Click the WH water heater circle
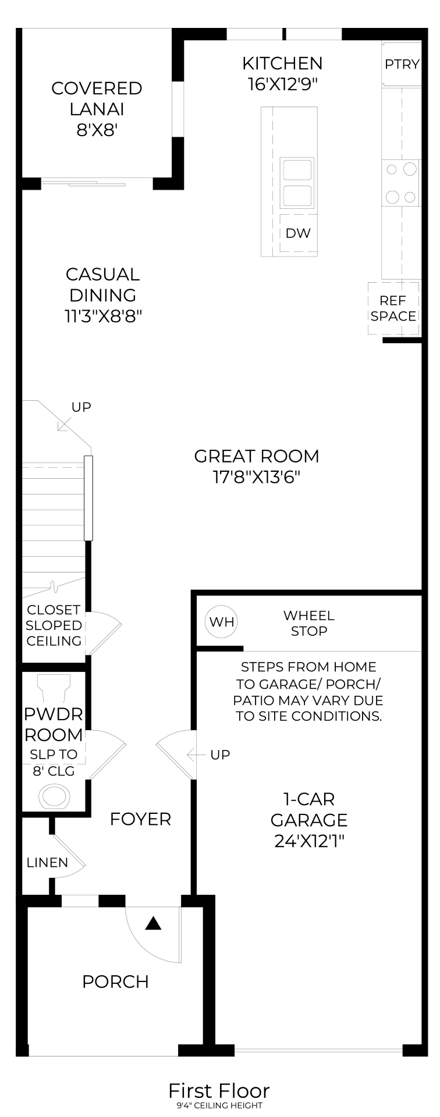pos(222,621)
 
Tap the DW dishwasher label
pos(298,233)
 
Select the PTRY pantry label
pos(402,64)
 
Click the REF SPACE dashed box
pos(393,308)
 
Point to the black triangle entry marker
pos(153,923)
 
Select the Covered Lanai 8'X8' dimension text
pos(97,130)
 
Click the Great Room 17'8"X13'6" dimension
pos(257,478)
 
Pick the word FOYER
pos(140,819)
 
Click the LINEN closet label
pos(47,863)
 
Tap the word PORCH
pos(115,981)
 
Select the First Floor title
pos(219,1090)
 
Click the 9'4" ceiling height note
pos(219,1105)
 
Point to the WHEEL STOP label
pos(308,623)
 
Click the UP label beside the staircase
pos(81,407)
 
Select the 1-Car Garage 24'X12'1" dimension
pos(309,841)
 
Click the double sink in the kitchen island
pos(297,183)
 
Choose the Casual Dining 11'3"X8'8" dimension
pos(103,316)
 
